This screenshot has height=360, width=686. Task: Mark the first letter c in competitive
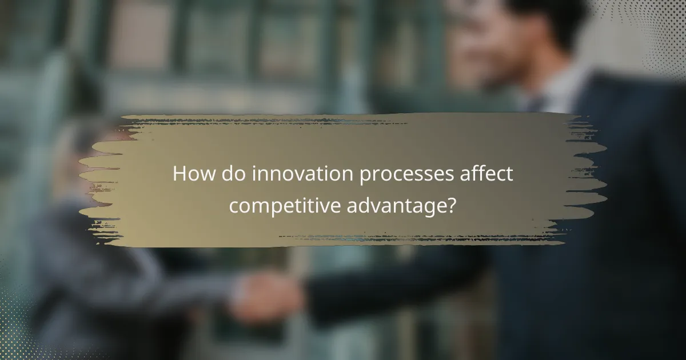(x=234, y=206)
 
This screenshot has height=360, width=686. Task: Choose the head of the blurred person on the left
(x=86, y=154)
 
